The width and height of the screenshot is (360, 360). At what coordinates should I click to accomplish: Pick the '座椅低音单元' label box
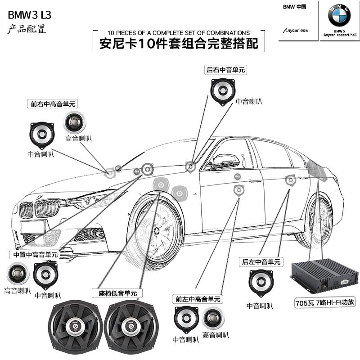[x=117, y=293]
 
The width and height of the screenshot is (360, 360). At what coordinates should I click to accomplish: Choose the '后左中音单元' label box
[x=261, y=261]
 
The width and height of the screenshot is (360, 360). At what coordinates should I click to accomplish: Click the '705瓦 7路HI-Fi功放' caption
[x=325, y=302]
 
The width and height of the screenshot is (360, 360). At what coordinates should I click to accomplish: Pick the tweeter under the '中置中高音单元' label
[x=17, y=273]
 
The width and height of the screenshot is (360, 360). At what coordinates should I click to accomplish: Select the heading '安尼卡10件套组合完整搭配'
[x=178, y=44]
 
